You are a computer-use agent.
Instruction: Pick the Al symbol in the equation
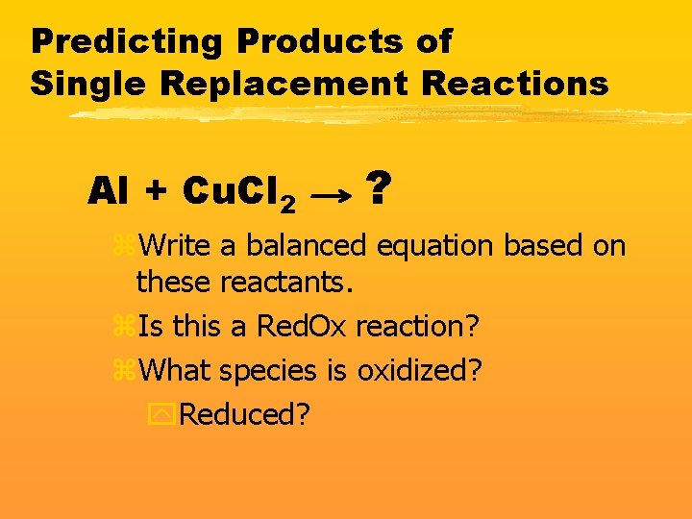pos(108,192)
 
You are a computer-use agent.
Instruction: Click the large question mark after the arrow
pos(380,187)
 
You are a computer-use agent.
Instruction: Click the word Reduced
pos(244,414)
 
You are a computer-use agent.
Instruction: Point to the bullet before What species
pos(123,370)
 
